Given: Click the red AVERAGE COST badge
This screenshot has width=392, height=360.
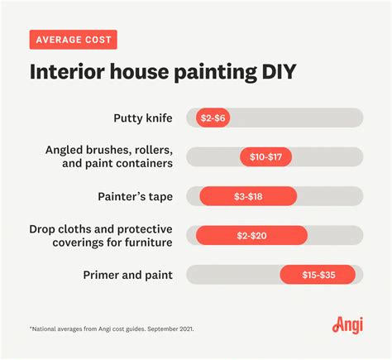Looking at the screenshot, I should (73, 40).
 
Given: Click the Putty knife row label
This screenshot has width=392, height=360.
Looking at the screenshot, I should (142, 118).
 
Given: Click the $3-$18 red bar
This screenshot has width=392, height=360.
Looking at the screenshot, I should (248, 196).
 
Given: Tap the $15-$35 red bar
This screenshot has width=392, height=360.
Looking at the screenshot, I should (318, 275).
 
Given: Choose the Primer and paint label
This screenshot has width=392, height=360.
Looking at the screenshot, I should (128, 275).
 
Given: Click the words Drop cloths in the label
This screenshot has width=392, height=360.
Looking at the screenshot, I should (60, 228).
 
